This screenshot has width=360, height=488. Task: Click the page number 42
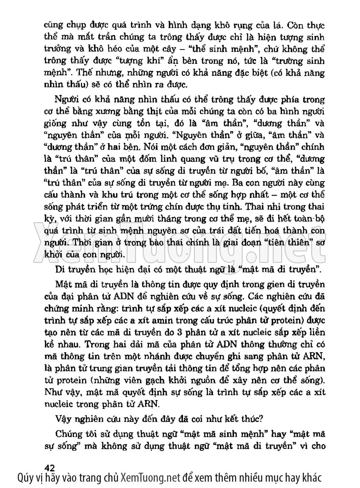click(x=50, y=467)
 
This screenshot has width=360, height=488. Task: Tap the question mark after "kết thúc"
click(x=263, y=419)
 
